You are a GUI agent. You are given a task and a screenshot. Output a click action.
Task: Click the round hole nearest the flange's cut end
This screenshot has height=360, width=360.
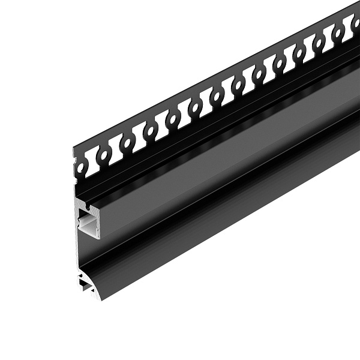click(81, 167)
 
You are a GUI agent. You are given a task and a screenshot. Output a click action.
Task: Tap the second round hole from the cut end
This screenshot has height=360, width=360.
click(104, 155)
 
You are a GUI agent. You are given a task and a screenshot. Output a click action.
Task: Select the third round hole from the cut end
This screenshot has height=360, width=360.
click(127, 143)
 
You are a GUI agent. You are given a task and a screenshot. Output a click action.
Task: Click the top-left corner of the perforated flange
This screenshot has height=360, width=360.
click(74, 149)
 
